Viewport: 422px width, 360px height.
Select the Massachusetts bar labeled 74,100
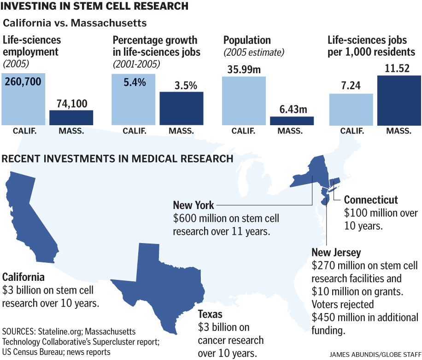coord(71,117)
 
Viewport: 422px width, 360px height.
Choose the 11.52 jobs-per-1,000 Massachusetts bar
coord(399,100)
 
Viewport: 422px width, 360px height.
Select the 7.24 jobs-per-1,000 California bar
coord(351,109)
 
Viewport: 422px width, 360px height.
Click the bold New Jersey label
coord(336,253)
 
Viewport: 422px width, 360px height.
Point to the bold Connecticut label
coord(371,200)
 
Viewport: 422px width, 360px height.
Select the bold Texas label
coord(210,315)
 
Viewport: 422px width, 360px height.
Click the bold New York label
coord(193,204)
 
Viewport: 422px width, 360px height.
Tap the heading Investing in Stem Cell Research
coord(95,6)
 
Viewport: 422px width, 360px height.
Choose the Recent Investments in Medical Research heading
coord(117,159)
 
